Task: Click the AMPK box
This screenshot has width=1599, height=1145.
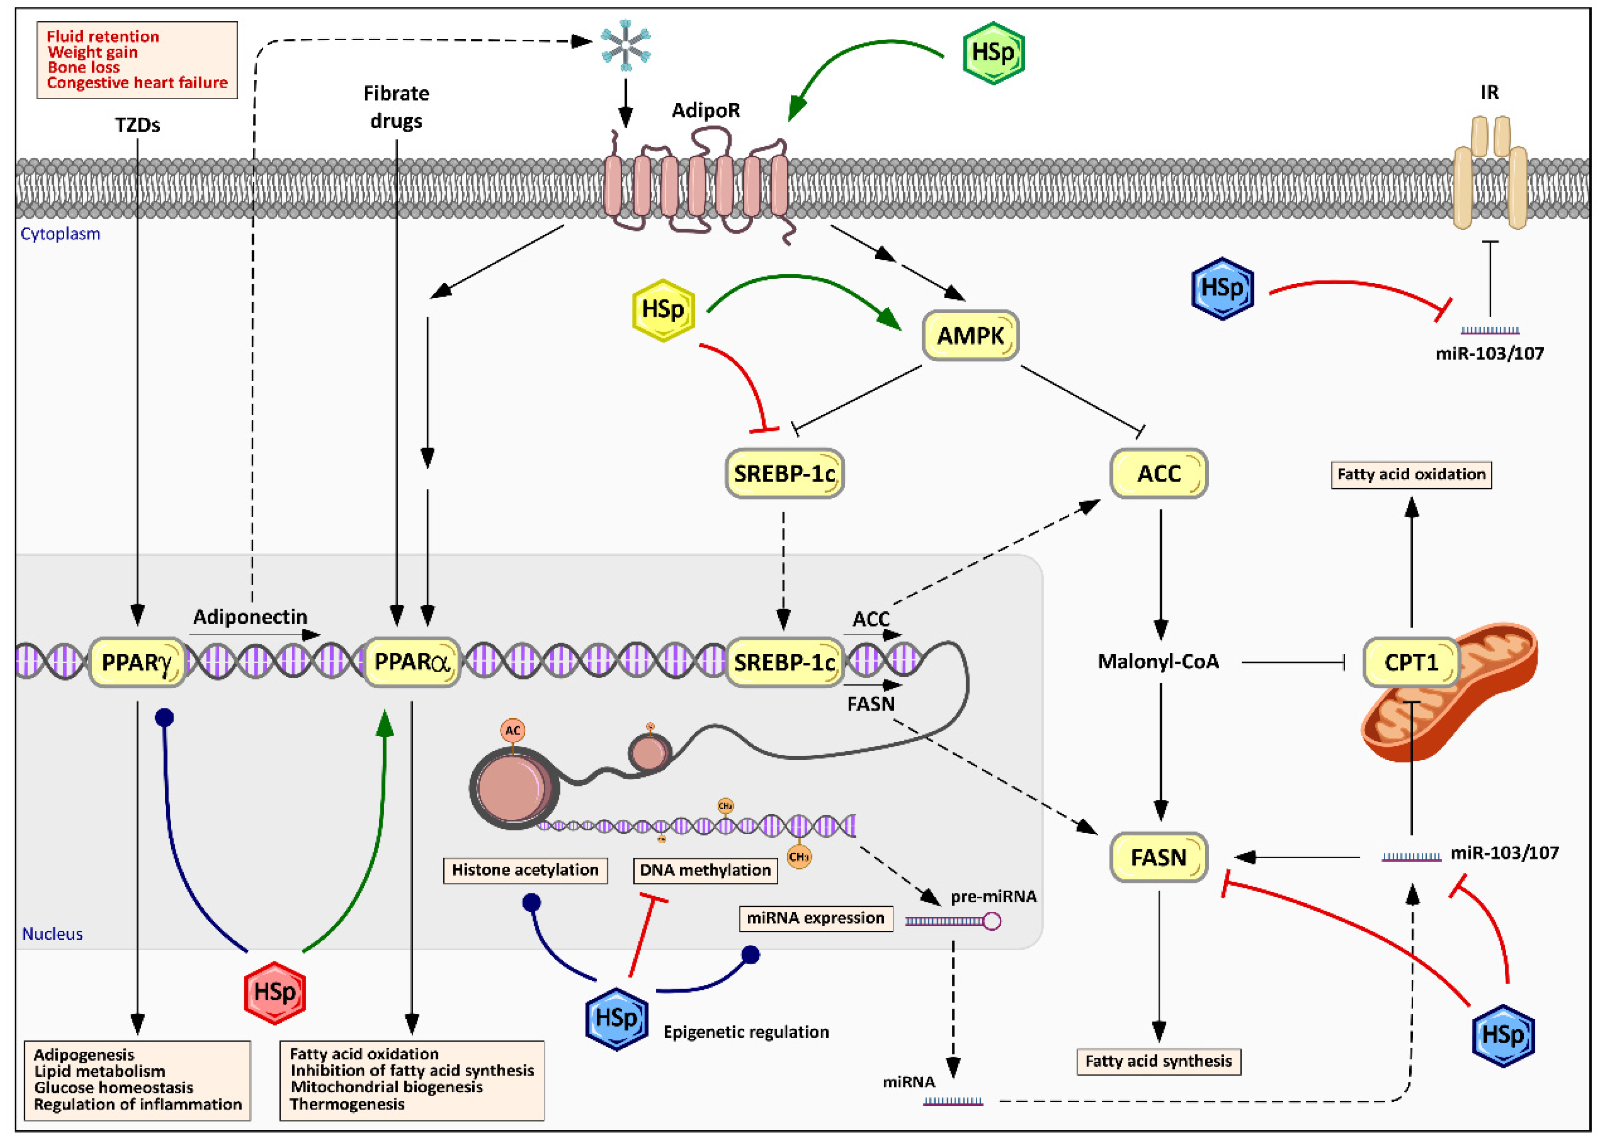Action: click(x=970, y=335)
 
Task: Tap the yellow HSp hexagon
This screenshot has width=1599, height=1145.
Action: click(x=663, y=310)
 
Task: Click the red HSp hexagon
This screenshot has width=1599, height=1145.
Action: click(x=275, y=992)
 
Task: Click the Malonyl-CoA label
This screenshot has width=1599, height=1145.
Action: click(x=1158, y=662)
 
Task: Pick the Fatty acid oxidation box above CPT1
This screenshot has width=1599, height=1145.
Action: click(x=1411, y=474)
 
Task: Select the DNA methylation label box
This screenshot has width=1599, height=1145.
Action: click(x=705, y=870)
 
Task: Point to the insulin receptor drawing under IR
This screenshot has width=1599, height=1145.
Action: click(x=1490, y=176)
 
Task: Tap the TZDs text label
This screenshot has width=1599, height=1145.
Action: click(x=138, y=125)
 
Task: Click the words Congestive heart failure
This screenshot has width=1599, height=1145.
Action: click(x=138, y=83)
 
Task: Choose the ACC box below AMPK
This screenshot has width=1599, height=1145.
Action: click(x=1158, y=473)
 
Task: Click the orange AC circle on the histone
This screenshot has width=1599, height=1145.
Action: click(x=512, y=730)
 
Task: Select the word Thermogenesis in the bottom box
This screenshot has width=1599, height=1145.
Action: click(x=347, y=1104)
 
